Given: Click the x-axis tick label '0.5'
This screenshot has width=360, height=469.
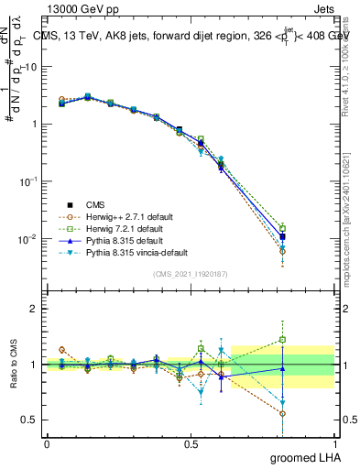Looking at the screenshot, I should pyautogui.click(x=191, y=442).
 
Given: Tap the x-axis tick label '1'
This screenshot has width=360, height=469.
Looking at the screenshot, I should pyautogui.click(x=334, y=442).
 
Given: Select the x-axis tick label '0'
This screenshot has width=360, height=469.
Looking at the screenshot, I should pyautogui.click(x=46, y=442).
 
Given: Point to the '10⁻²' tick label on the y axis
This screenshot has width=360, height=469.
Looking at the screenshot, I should pyautogui.click(x=27, y=239).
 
